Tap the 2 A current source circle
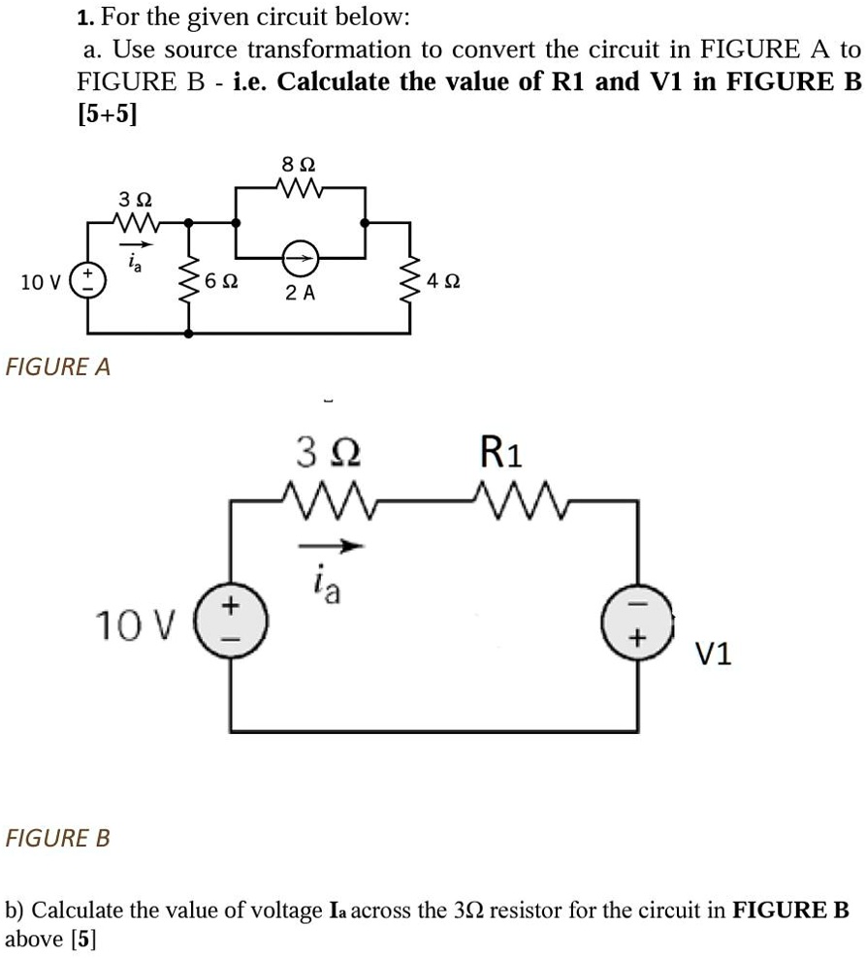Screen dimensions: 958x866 [x=301, y=258]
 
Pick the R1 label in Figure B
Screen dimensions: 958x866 [x=500, y=452]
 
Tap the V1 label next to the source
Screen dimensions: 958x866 [x=714, y=656]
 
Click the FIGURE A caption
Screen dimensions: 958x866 [x=58, y=367]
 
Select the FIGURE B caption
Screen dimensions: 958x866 [x=58, y=837]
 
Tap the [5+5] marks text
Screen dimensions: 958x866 [x=107, y=114]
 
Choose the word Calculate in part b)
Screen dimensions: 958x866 [x=80, y=910]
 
